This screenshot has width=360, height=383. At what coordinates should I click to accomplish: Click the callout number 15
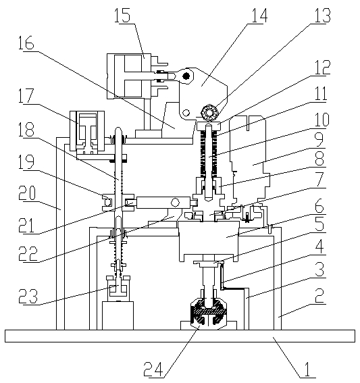click(122, 15)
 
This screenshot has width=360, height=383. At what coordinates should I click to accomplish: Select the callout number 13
click(323, 15)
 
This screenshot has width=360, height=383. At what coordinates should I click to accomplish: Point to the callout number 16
click(26, 43)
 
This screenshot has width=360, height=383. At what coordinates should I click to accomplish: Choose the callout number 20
click(27, 193)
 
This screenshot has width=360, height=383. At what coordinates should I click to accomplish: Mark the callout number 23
click(29, 296)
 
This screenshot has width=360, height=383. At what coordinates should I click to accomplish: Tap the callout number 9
click(319, 139)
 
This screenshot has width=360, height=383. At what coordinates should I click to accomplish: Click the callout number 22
click(28, 253)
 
